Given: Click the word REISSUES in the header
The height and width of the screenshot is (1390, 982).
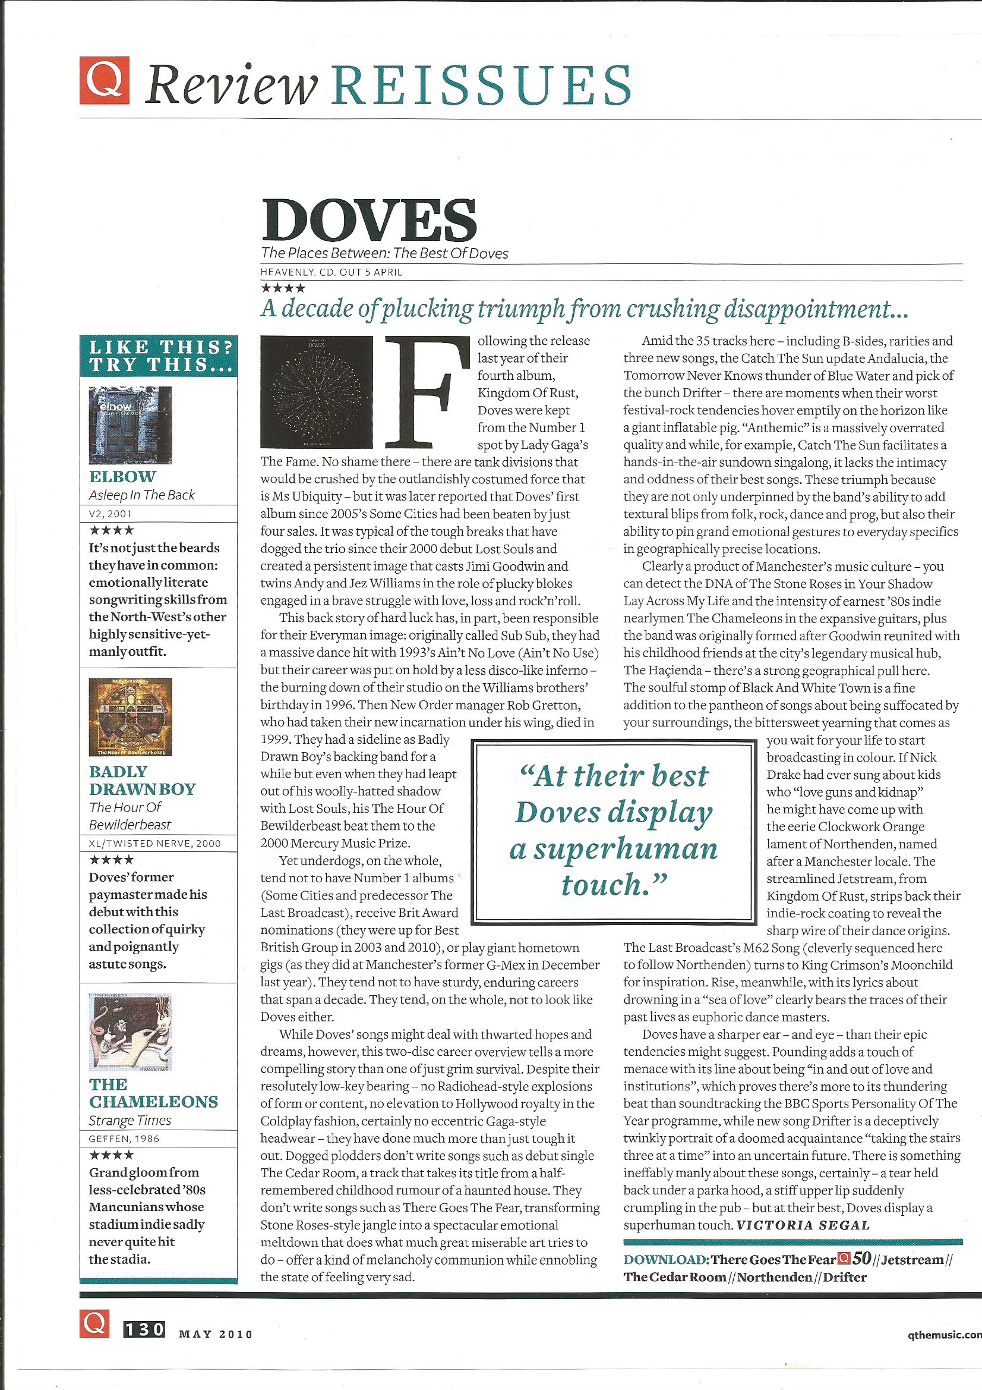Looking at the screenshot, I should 481,86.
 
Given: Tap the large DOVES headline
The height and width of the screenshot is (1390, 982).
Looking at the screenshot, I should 370,219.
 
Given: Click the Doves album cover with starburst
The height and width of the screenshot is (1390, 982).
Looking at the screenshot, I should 316,392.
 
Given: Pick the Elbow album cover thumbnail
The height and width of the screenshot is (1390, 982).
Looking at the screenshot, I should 130,425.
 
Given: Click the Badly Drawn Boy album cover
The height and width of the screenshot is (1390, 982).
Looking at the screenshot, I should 130,717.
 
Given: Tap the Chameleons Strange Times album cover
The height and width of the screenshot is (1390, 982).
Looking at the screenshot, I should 130,1033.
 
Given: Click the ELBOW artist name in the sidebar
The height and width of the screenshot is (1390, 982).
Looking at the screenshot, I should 122,476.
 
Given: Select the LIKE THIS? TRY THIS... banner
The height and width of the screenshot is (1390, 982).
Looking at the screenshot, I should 158,356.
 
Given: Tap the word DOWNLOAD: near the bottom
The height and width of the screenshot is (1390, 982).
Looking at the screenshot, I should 666,1260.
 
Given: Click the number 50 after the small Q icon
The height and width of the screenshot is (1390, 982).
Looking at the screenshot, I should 861,1259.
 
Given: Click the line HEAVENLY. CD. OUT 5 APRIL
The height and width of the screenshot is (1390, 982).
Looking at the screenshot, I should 331,272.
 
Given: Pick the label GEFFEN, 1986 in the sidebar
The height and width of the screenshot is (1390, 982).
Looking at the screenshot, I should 124,1139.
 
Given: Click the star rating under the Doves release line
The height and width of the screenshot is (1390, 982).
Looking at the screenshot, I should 283,288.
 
